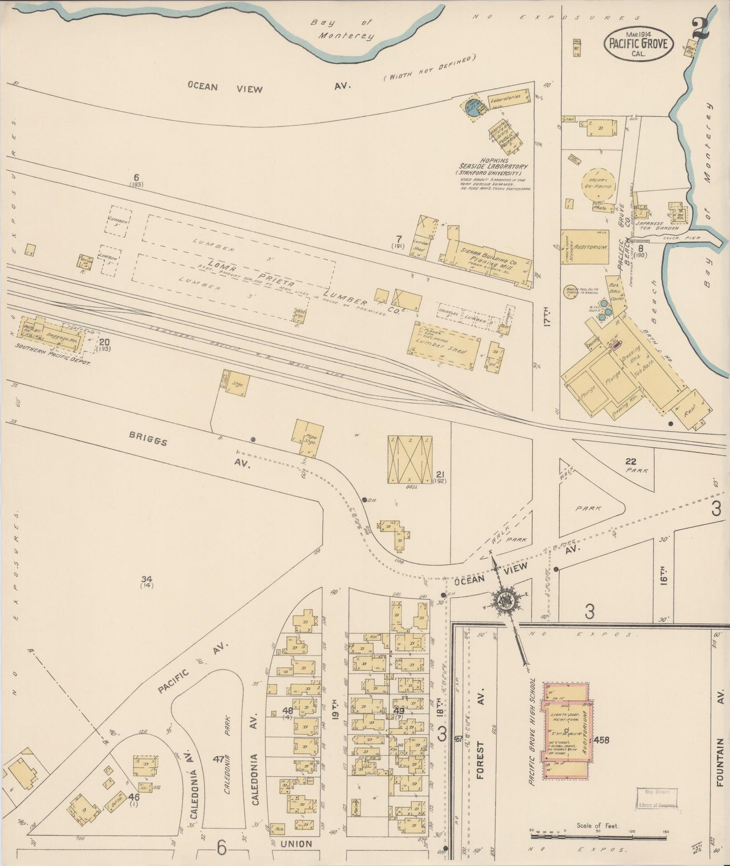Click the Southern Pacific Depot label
(x=52, y=361)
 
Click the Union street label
(x=296, y=843)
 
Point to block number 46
(x=133, y=797)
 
